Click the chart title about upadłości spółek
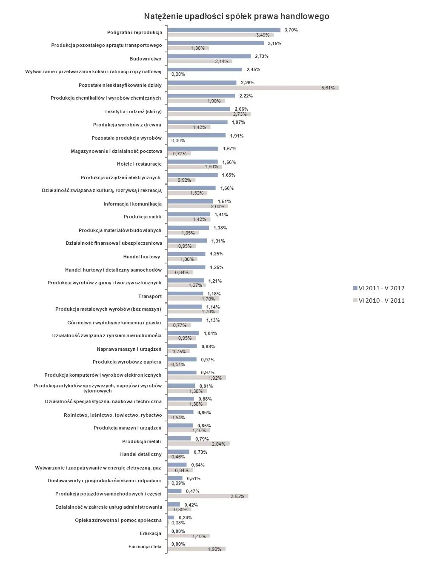236,16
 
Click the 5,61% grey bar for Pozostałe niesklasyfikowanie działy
253,88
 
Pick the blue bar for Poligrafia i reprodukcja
224,30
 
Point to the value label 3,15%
274,43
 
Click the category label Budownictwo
146,59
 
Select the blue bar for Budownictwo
209,56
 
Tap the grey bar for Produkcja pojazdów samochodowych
208,496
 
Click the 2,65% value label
237,496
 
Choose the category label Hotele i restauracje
139,164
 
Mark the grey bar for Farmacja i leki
196,549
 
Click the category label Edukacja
151,533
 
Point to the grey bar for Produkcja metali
198,444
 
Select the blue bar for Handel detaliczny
178,452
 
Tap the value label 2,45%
253,69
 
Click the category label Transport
150,296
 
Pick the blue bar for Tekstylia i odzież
199,109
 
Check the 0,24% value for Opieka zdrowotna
185,518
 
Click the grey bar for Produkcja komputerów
197,378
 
